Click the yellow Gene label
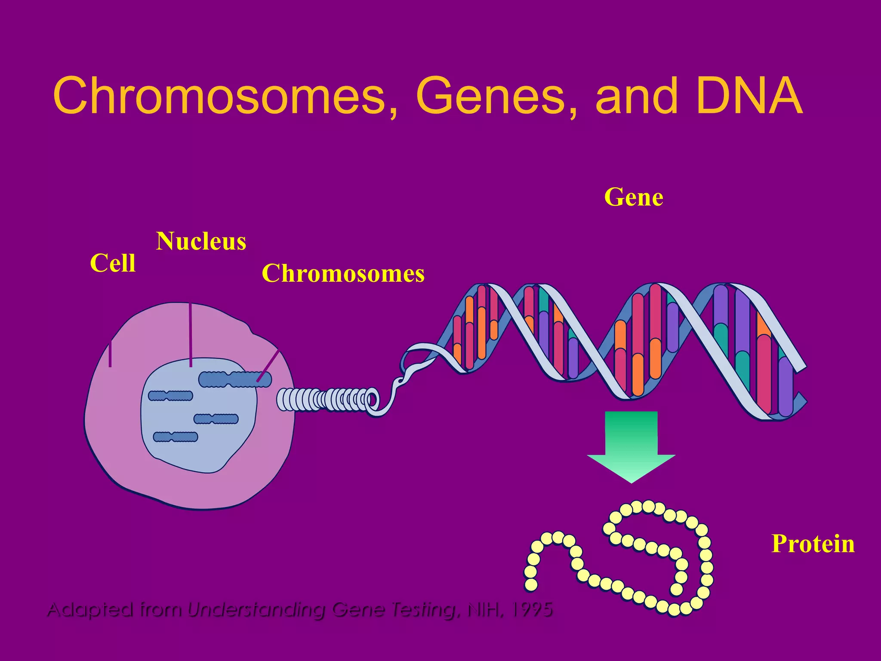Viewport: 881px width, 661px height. (x=634, y=198)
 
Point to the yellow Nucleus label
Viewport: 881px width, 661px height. (x=201, y=241)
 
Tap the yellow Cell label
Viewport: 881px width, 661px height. (x=113, y=263)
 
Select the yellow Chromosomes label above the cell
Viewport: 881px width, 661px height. (x=343, y=274)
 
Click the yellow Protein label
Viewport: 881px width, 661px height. (x=813, y=544)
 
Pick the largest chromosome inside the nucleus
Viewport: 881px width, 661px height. (x=235, y=380)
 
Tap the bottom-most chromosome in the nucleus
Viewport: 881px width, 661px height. (x=176, y=437)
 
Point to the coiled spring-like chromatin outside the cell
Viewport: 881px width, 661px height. (x=327, y=400)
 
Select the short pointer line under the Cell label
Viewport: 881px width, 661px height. (x=110, y=354)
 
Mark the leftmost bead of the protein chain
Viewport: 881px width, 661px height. (x=531, y=584)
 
